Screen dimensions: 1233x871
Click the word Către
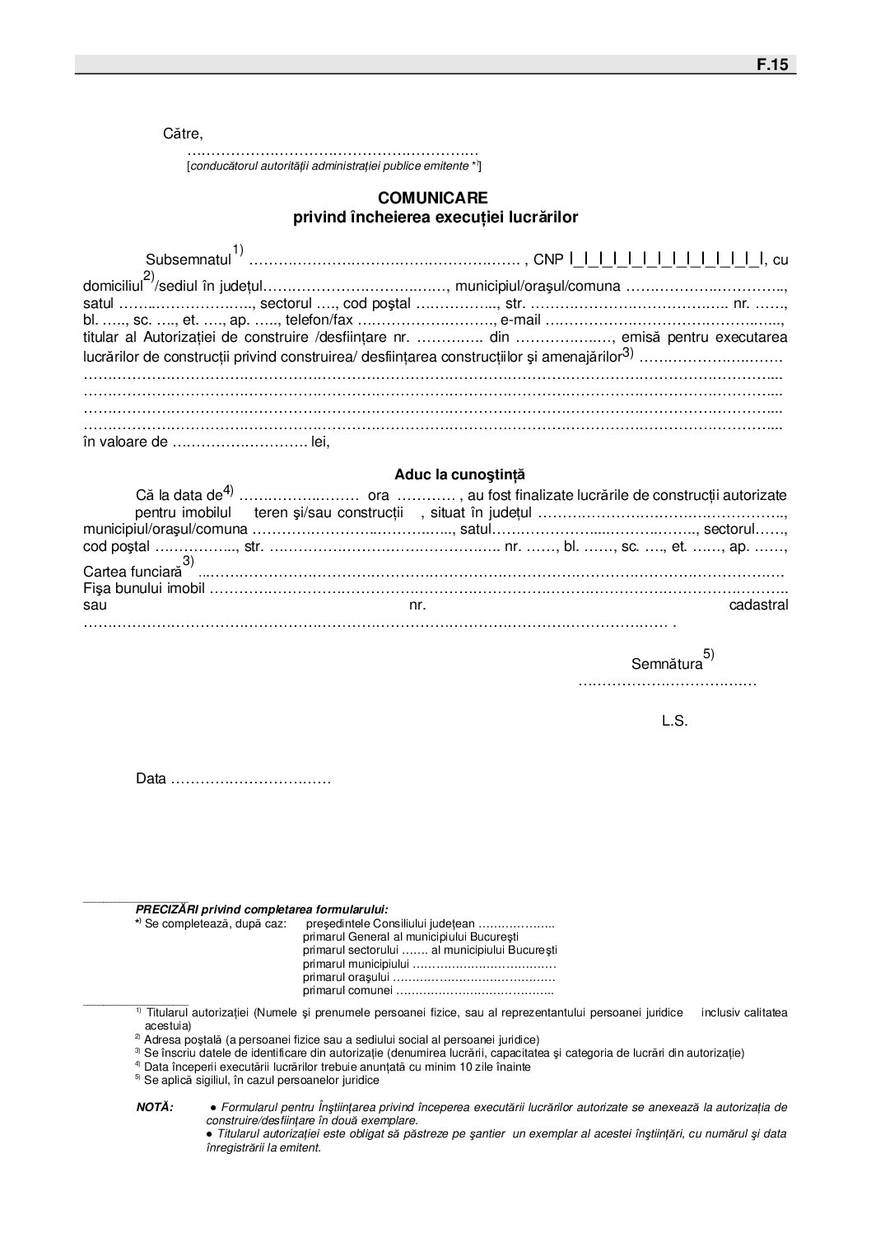pos(182,133)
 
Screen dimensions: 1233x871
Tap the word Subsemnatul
pos(189,260)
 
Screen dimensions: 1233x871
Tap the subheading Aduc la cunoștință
pos(459,475)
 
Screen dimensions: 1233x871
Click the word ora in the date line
pos(379,496)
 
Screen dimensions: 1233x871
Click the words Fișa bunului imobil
pos(142,589)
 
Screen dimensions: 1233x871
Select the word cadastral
pos(758,605)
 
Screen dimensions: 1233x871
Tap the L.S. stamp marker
pos(674,722)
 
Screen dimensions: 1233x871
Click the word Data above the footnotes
pos(151,779)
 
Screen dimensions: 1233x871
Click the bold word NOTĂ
pos(155,1108)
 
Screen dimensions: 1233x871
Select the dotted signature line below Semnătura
pos(667,683)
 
